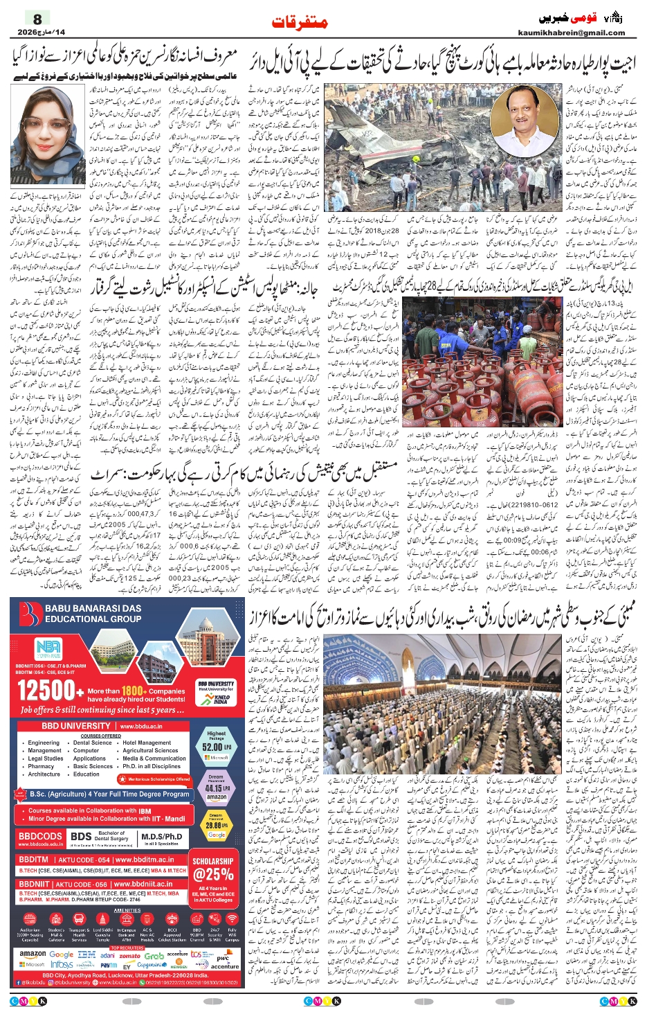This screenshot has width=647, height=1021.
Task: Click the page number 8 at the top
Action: point(37,19)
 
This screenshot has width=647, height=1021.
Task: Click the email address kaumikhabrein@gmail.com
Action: point(571,33)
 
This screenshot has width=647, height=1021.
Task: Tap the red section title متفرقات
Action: point(299,23)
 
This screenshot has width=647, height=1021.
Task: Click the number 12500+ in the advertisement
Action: point(47,691)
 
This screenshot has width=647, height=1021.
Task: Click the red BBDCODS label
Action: point(40,836)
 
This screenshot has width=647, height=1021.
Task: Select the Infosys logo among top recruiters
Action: point(62,964)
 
